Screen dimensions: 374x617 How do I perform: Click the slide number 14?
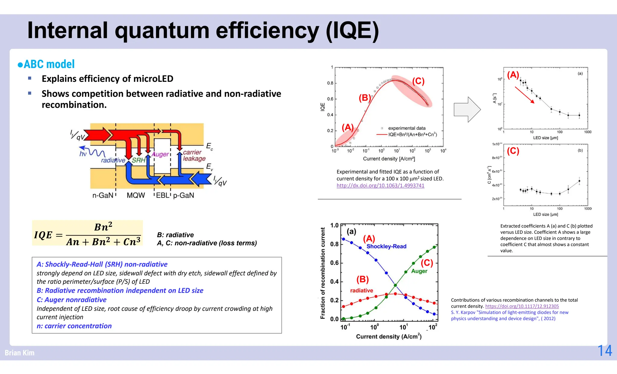(604, 351)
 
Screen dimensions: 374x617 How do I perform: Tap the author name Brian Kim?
(20, 353)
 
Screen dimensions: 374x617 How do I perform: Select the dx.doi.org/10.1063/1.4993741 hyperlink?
(380, 186)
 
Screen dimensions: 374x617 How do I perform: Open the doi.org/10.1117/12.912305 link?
(522, 306)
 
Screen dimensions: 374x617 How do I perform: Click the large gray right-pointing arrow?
(467, 110)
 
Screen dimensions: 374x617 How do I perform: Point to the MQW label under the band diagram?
(136, 195)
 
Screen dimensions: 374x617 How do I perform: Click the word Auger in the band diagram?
(160, 154)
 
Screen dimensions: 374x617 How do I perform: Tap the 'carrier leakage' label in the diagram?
(194, 155)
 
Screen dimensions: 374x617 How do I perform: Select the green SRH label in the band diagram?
(139, 160)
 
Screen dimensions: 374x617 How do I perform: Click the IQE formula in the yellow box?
(87, 233)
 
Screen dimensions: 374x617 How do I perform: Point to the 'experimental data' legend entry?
(407, 128)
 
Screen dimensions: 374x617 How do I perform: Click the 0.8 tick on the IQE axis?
(330, 83)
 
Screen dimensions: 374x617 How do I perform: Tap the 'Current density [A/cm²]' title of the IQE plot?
(389, 159)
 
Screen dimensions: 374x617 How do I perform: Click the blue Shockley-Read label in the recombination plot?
(386, 246)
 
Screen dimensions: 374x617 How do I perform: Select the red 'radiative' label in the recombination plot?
(362, 290)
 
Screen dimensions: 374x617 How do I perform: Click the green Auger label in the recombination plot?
(419, 271)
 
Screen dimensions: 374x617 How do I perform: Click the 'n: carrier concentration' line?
(74, 326)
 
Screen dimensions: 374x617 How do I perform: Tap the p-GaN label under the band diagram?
(183, 195)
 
